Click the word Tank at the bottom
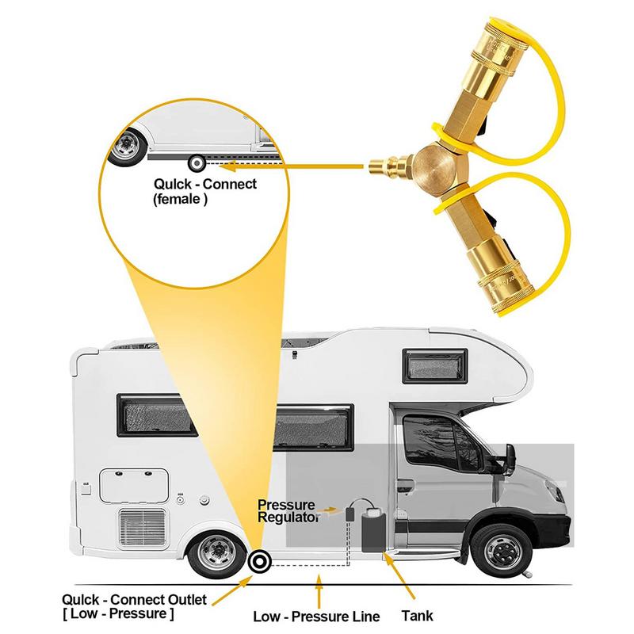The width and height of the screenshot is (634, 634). point(418,616)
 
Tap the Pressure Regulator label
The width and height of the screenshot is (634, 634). point(287,510)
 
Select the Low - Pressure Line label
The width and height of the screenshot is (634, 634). point(316,617)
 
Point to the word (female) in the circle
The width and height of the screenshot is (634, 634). point(180,199)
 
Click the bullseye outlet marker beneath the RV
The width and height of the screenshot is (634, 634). point(259,561)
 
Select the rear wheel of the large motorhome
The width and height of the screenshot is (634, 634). point(217,552)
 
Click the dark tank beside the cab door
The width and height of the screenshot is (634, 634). point(373,531)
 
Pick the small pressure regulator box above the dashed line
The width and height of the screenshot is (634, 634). point(349,514)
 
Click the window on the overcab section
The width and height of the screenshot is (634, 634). point(434,366)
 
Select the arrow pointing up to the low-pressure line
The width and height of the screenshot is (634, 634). point(319,591)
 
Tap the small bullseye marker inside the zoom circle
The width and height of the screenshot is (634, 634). point(197,163)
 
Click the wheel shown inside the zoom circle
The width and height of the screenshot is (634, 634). point(126,147)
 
